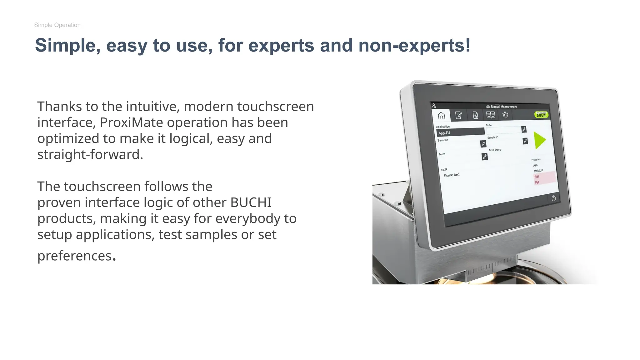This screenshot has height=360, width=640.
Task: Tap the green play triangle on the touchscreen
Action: [x=539, y=140]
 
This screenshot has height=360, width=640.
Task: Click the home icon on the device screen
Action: [x=441, y=116]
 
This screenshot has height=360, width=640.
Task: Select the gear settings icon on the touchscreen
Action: [x=505, y=115]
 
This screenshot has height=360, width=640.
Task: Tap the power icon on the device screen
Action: [x=553, y=198]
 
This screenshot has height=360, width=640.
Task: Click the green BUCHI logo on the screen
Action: [x=541, y=115]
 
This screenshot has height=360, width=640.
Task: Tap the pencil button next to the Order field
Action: [x=524, y=129]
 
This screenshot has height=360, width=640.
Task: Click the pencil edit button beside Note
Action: [x=485, y=157]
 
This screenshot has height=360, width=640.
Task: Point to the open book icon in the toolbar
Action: [x=491, y=115]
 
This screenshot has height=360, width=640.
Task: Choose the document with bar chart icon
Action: [x=475, y=115]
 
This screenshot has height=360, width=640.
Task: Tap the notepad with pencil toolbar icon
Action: [x=458, y=115]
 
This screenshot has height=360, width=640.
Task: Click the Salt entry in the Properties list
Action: [x=537, y=177]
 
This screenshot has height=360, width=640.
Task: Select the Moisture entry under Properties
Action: [x=538, y=171]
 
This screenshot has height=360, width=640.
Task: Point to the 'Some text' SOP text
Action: [x=452, y=175]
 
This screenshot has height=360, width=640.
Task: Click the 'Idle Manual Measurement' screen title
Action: [x=501, y=107]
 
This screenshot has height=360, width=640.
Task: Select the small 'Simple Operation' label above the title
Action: [x=57, y=25]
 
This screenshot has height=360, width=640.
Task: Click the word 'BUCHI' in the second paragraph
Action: [x=251, y=202]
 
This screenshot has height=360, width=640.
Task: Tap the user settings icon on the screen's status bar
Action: [x=434, y=106]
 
